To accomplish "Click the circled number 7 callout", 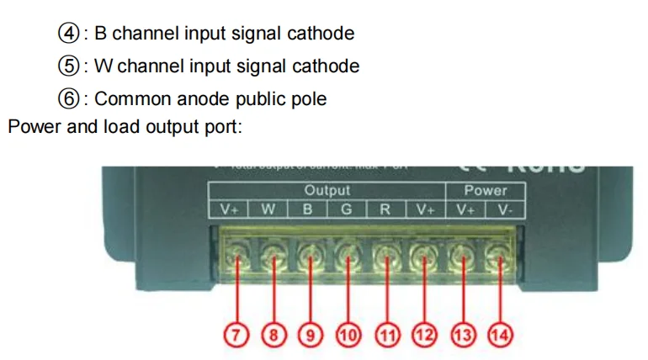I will pos(237,335).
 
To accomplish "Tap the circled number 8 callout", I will pos(274,335).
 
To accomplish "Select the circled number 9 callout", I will pos(311,335).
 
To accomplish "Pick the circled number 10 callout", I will pos(348,335).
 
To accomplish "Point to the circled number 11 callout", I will pos(387,335).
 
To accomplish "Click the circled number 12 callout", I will pos(425,335).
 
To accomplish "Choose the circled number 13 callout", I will pos(463,335).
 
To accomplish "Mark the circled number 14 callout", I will pos(500,335).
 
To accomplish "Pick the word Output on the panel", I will pos(327,191).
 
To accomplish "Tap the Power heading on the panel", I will pos(486,191).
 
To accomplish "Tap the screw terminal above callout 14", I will pos(499,251).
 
